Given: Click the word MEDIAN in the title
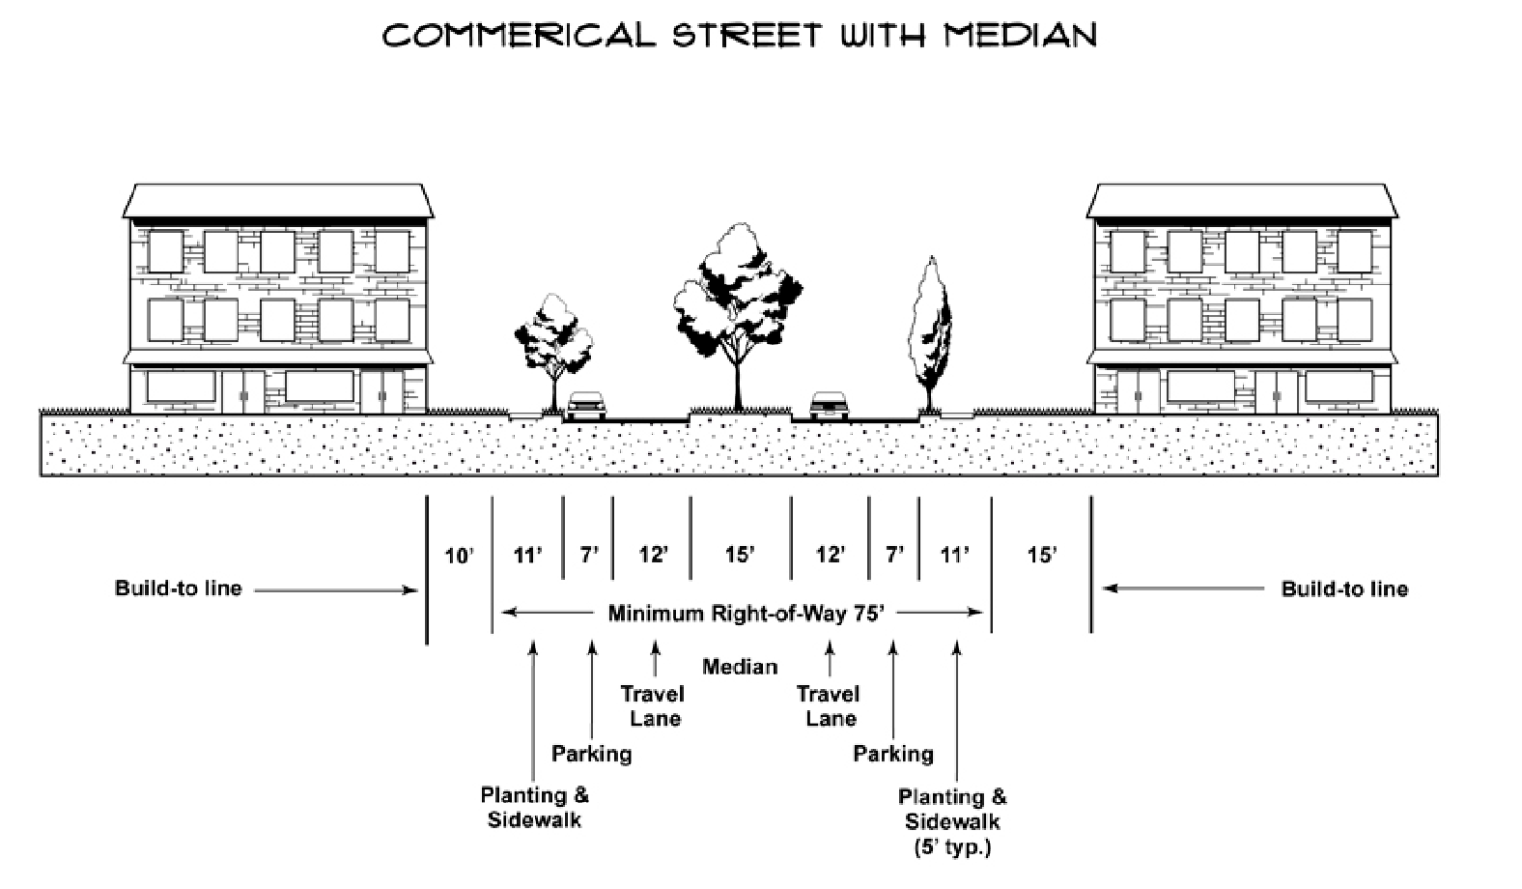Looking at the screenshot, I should pos(1020,35).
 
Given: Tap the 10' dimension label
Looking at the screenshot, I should pos(459,556).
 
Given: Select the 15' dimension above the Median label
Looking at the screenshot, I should pos(740,555).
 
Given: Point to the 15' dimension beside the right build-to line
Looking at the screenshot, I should pos(1041,555).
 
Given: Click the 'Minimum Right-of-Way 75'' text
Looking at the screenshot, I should pos(746,613).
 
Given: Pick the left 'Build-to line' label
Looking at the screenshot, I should pos(178,588).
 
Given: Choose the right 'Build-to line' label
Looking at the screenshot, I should pos(1343,588).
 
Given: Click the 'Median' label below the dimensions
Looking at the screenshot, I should pos(740,667).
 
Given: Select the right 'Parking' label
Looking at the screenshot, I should pos(893,754).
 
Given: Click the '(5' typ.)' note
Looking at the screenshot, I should pos(952,848).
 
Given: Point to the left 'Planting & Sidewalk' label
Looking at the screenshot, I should pos(534,807).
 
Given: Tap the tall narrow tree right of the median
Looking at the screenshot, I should pos(931,329).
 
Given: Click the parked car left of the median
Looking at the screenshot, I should pos(585,407).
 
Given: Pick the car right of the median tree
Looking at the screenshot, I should pos(828,406).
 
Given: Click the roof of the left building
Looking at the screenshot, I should pos(278,201).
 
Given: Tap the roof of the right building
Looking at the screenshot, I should pos(1242,201).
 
